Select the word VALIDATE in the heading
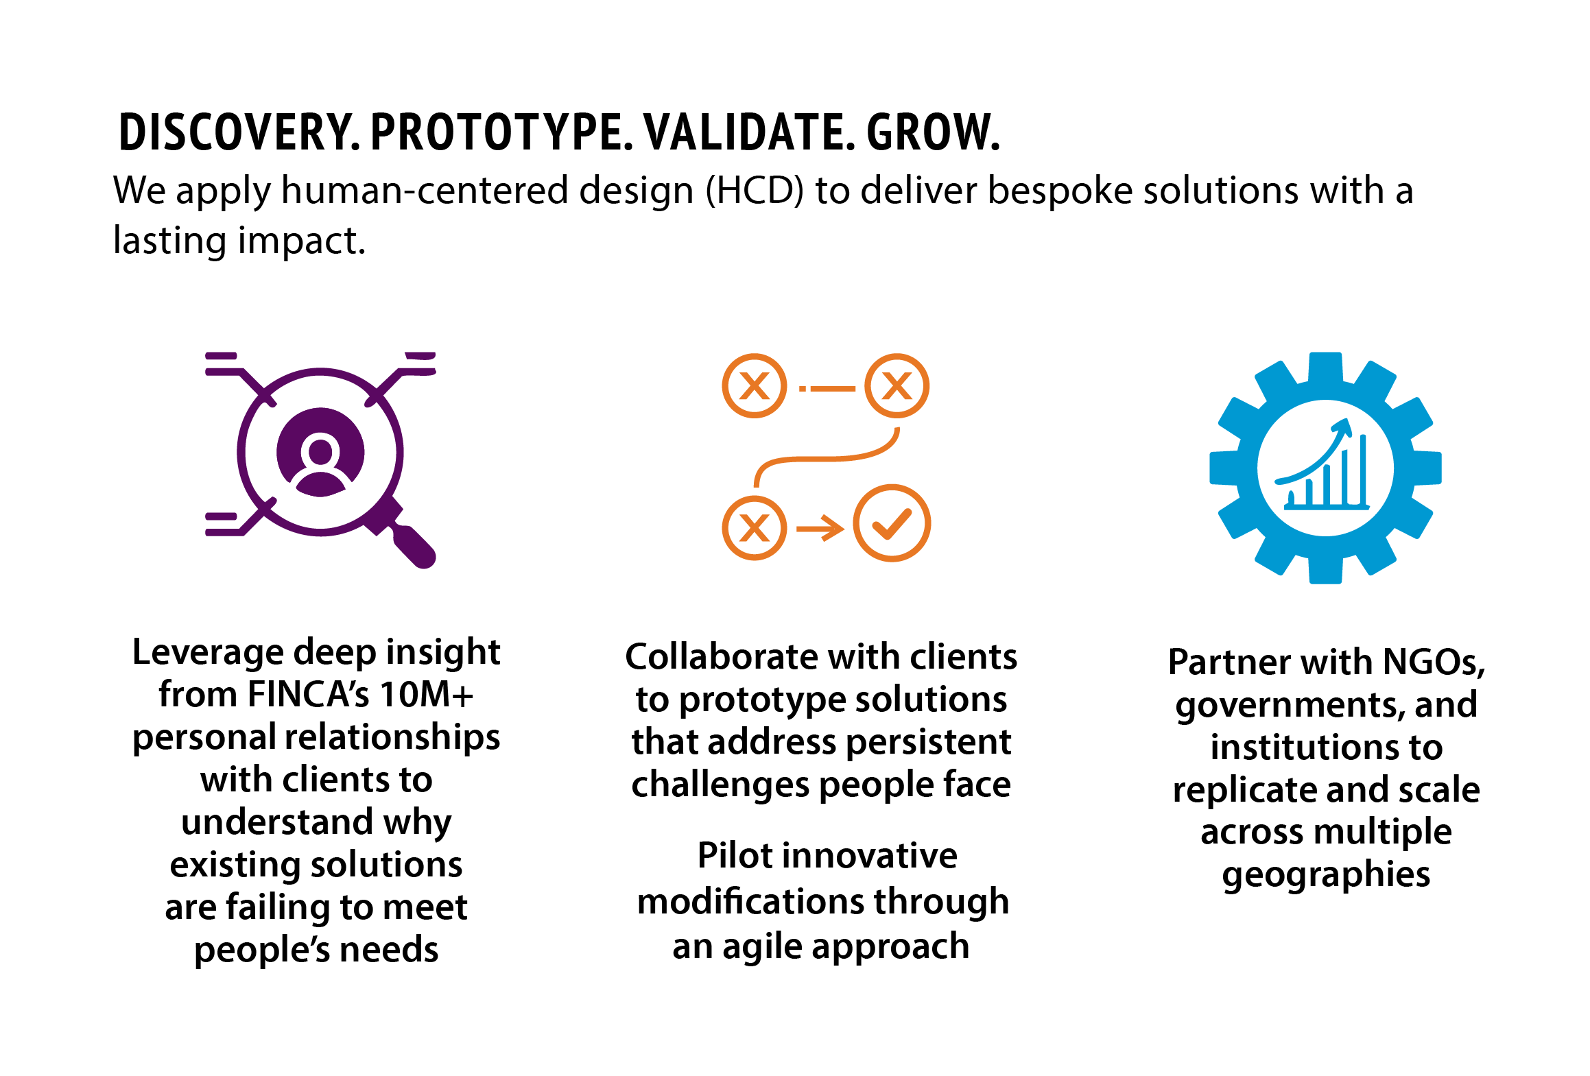click(x=748, y=132)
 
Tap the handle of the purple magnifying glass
click(x=409, y=542)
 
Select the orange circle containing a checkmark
click(x=892, y=523)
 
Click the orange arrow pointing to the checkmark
click(x=820, y=528)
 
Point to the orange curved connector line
click(x=826, y=458)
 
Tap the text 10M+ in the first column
click(x=427, y=694)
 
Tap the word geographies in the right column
click(x=1326, y=875)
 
